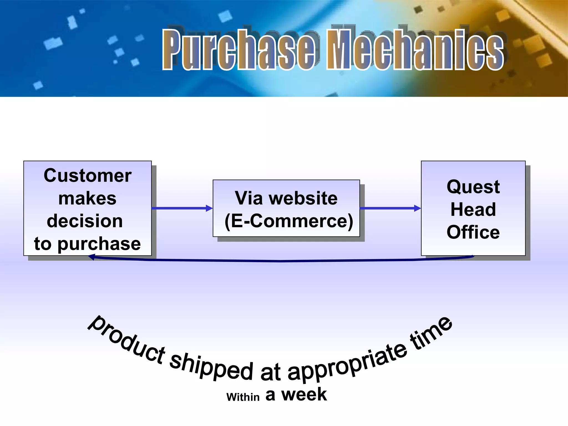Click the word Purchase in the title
tap(239, 50)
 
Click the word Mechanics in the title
tap(415, 50)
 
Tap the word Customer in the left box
tap(88, 176)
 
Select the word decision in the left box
tap(85, 221)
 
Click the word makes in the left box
tap(87, 199)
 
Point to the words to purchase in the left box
tap(88, 244)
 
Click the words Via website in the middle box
tap(286, 198)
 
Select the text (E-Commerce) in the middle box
tap(289, 221)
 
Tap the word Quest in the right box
tap(473, 187)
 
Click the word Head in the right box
tap(473, 209)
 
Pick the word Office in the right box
tap(473, 232)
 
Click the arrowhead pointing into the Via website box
tap(209, 208)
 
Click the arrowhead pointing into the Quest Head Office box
tap(417, 208)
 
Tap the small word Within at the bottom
tap(243, 397)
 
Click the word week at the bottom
tap(304, 394)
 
